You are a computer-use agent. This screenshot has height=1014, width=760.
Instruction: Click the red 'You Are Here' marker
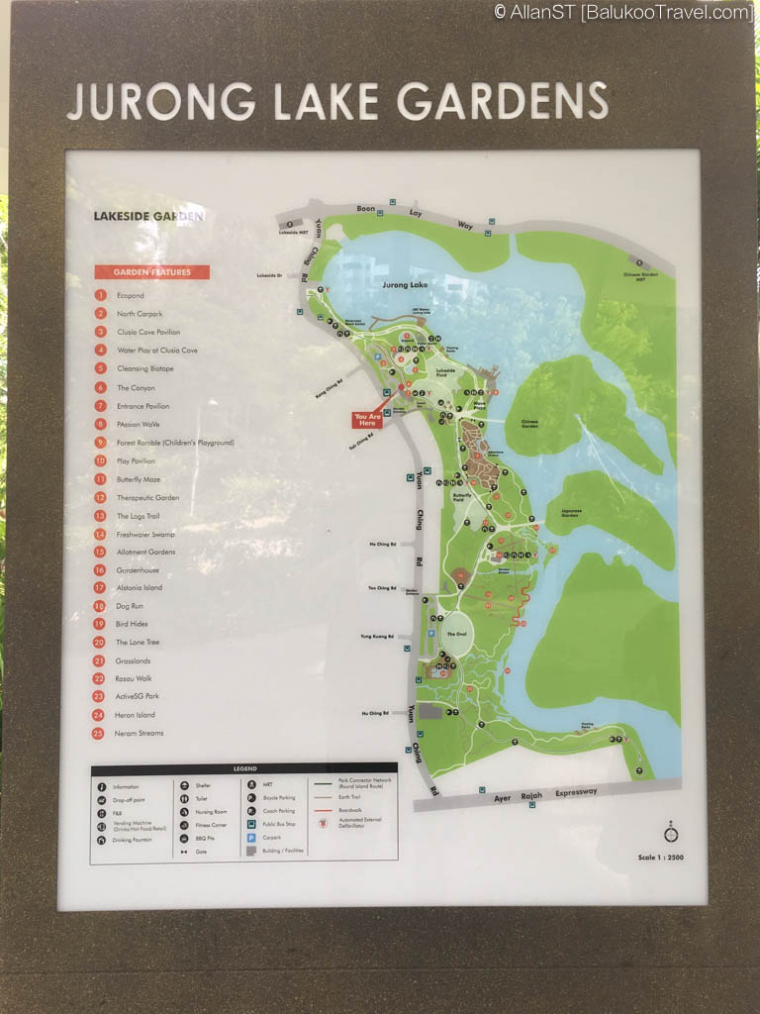pyautogui.click(x=367, y=420)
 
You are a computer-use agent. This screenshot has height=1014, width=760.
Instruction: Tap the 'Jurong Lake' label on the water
pyautogui.click(x=405, y=284)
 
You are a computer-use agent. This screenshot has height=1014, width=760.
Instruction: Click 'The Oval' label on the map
pyautogui.click(x=456, y=634)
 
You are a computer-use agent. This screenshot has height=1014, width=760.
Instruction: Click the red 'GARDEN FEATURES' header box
pyautogui.click(x=151, y=272)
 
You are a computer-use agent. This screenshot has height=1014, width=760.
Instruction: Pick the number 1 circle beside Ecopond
pyautogui.click(x=101, y=295)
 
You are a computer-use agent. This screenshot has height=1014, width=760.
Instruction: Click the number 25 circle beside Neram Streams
pyautogui.click(x=101, y=733)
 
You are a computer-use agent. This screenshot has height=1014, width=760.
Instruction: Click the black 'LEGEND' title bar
pyautogui.click(x=243, y=768)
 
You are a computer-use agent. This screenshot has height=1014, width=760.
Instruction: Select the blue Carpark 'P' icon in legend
pyautogui.click(x=251, y=837)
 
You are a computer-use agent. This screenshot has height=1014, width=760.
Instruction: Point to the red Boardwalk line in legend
pyautogui.click(x=321, y=809)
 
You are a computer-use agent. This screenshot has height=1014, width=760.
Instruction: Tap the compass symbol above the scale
pyautogui.click(x=669, y=828)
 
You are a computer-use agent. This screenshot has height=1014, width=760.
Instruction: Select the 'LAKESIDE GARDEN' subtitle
pyautogui.click(x=148, y=216)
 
